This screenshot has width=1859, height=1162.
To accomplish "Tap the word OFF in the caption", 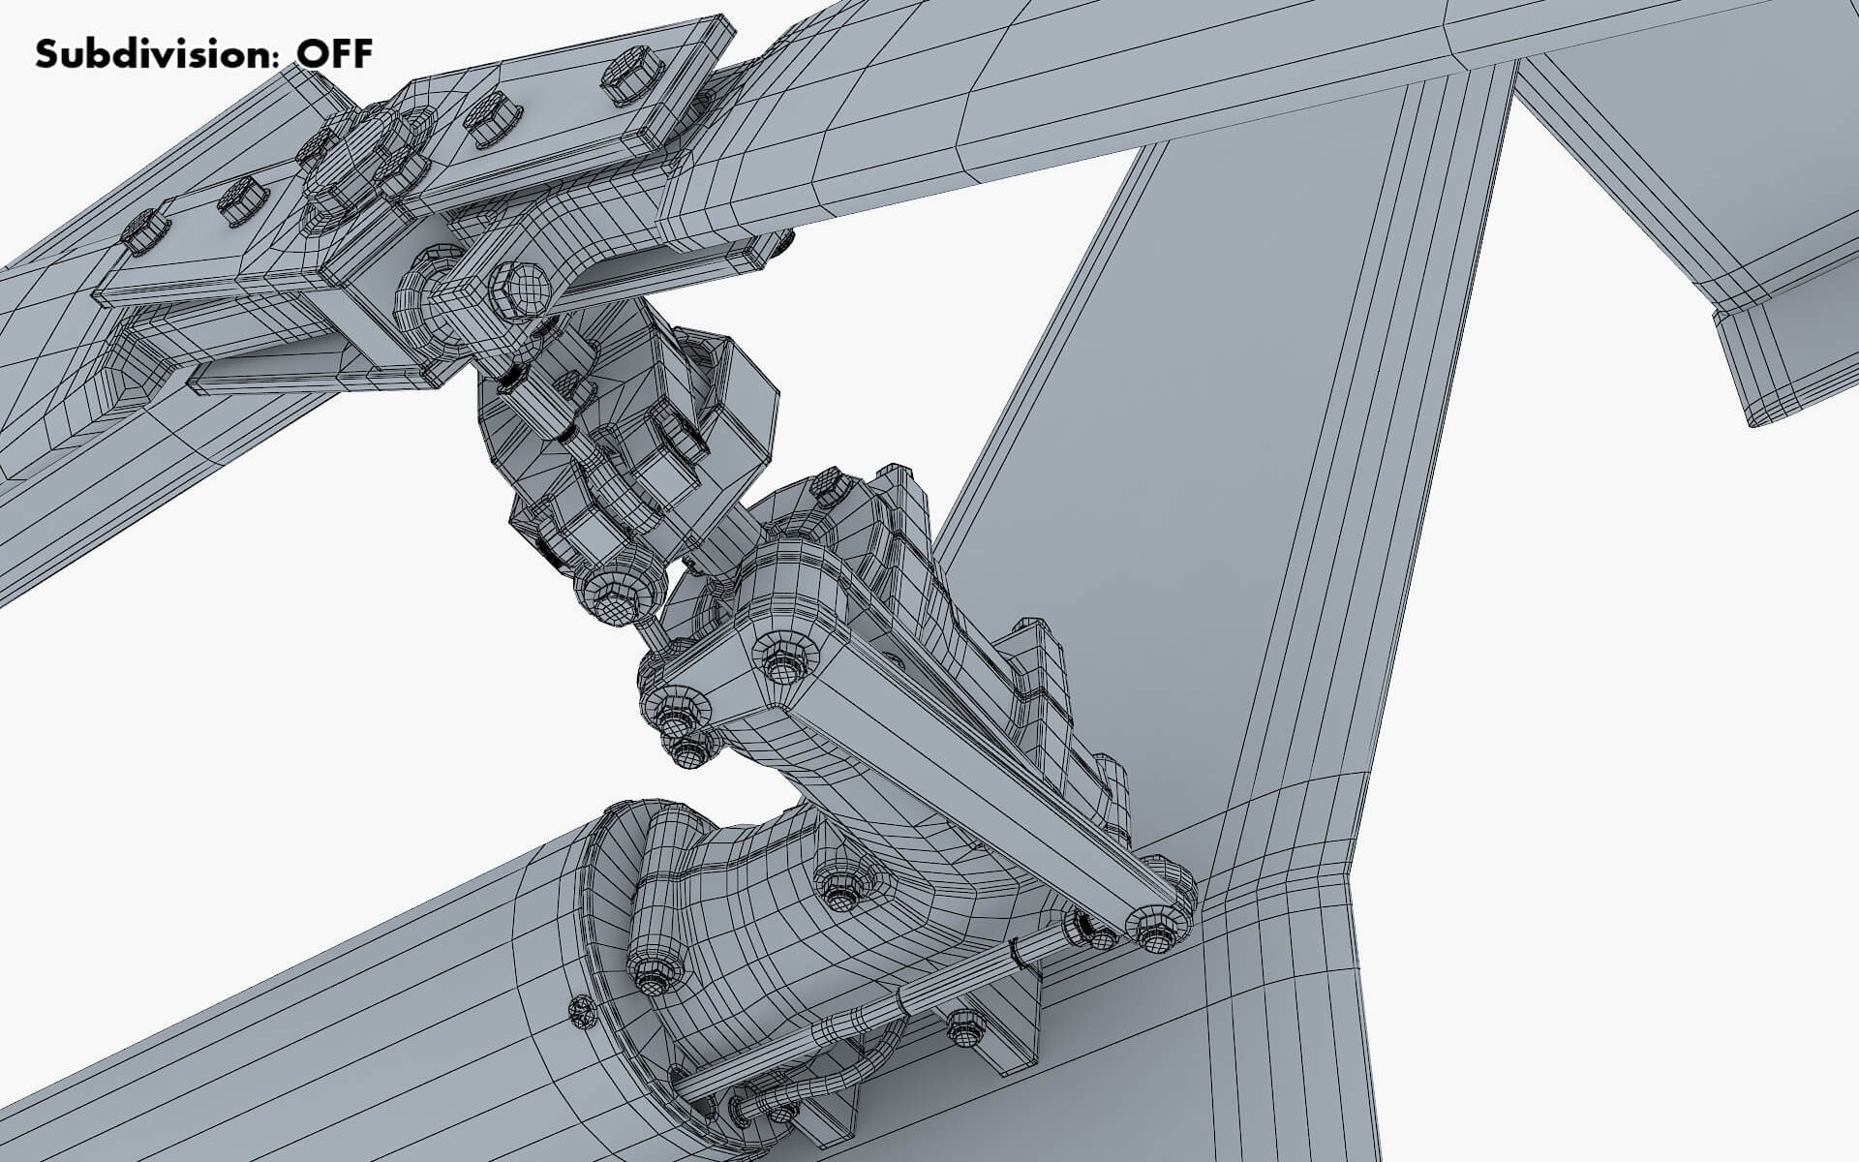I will tap(334, 54).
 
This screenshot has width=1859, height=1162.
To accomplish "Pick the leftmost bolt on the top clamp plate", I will tap(142, 230).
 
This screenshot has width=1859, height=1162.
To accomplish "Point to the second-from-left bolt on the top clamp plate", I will tap(238, 200).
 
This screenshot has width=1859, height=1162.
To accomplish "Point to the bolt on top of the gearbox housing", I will tap(824, 488).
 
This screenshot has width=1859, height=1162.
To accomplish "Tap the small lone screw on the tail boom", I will tap(581, 1013).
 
